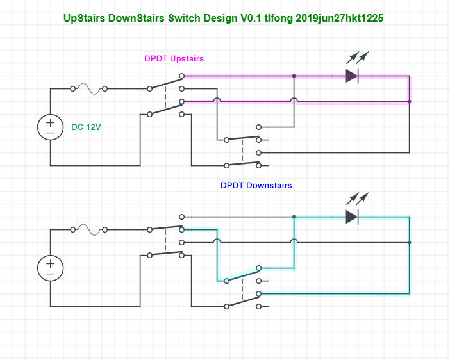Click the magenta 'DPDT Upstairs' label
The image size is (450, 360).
click(174, 58)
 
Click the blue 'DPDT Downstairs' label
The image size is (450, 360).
click(256, 185)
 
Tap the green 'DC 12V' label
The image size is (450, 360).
click(86, 127)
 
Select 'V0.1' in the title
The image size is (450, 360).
click(251, 19)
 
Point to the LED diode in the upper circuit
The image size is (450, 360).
click(351, 76)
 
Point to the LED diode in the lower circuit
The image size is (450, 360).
click(351, 217)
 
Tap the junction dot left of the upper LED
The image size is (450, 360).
click(294, 76)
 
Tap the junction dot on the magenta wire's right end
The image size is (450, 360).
click(410, 101)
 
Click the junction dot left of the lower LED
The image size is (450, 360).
click(294, 217)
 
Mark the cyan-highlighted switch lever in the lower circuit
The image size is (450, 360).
click(242, 274)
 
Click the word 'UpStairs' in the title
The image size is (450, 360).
click(85, 19)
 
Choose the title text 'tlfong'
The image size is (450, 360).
click(279, 19)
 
